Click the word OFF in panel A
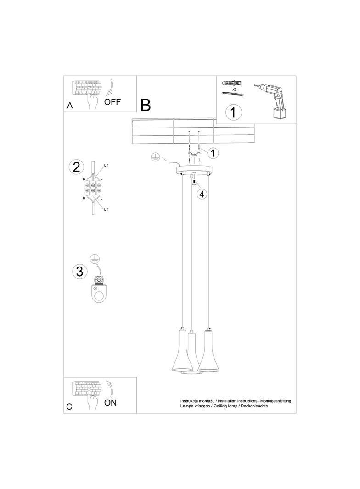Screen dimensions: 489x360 pos(112,102)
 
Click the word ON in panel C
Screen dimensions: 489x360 pos(111,403)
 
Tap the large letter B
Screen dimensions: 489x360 pos(146,105)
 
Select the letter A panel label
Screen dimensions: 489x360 pos(70,106)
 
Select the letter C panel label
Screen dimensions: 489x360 pos(69,406)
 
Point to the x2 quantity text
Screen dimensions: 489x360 pos(234,90)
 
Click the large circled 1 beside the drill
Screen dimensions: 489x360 pos(233,112)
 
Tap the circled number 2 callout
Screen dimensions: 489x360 pos(77,167)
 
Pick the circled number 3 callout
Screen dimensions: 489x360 pos(79,271)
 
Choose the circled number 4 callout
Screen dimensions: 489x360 pos(201,194)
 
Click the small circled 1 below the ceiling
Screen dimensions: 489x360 pos(213,152)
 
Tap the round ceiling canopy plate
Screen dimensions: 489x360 pos(195,169)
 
